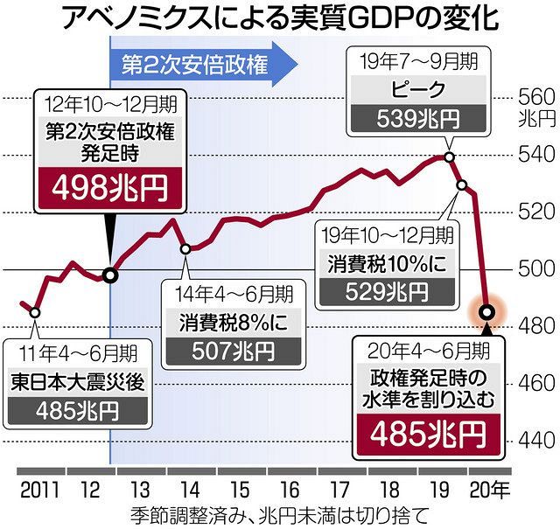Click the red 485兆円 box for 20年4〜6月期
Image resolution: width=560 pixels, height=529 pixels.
tap(430, 432)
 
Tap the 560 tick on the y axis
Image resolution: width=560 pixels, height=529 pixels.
tap(535, 96)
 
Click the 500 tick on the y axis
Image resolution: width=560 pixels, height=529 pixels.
tap(535, 268)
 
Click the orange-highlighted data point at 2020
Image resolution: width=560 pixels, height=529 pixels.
tap(488, 311)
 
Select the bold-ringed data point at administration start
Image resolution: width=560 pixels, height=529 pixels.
tap(110, 275)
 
